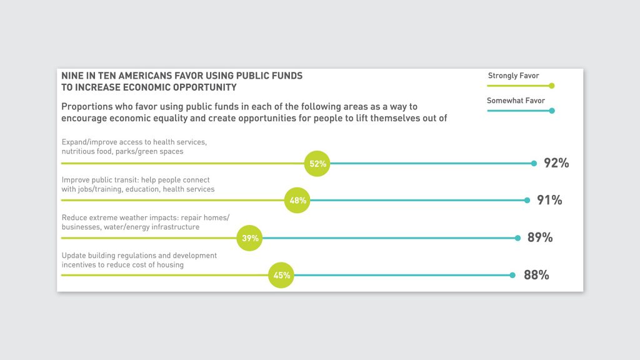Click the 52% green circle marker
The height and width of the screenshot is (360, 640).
[317, 164]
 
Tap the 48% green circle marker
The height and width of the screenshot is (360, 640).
[297, 201]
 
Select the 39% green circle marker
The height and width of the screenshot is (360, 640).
[250, 238]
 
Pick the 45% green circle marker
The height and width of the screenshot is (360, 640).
[281, 275]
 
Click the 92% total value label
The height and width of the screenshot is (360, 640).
[556, 164]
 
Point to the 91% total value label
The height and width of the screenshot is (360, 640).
[549, 201]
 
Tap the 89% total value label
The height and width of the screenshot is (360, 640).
[540, 238]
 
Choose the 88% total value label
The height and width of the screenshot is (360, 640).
[536, 275]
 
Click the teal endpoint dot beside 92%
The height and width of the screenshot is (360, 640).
[534, 164]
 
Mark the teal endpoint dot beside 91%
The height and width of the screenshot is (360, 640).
[527, 201]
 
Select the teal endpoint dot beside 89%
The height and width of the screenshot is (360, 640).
[518, 238]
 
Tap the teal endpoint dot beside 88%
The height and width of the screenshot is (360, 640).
[512, 275]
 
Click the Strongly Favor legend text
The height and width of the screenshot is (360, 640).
[513, 76]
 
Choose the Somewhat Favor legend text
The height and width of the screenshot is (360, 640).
[516, 101]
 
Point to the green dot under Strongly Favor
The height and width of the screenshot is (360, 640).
[551, 86]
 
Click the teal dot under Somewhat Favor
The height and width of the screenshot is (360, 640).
[551, 111]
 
